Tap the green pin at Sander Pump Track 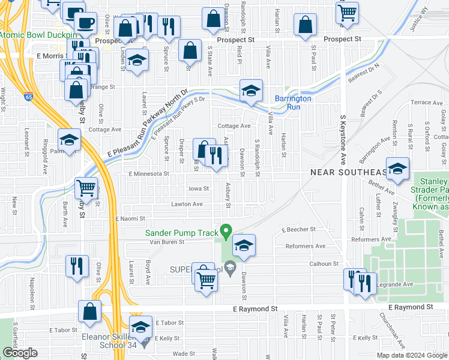[x=226, y=230]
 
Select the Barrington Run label [x=293, y=103]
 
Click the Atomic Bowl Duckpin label [x=38, y=35]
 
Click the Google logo [x=20, y=353]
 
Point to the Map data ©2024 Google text [x=412, y=355]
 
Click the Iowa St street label [x=198, y=188]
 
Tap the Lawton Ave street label [x=187, y=204]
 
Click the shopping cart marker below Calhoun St [x=206, y=279]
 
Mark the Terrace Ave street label [x=426, y=103]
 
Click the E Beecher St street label [x=298, y=229]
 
